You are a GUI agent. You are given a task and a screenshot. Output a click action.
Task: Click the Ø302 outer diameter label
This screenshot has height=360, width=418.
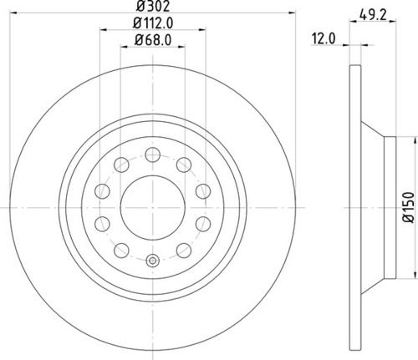[x=152, y=6]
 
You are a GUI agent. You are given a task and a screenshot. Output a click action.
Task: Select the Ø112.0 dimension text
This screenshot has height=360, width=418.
[x=152, y=23]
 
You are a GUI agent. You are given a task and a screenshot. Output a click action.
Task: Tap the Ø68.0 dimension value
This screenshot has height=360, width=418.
[x=152, y=39]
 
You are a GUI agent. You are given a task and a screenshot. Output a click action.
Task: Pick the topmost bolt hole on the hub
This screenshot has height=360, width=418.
[x=152, y=154]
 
